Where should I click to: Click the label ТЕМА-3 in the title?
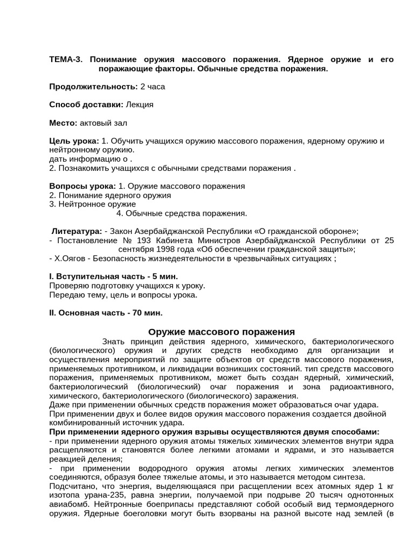point(66,59)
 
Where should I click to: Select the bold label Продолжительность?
point(93,87)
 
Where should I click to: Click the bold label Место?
point(63,123)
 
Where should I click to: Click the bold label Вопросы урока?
point(82,186)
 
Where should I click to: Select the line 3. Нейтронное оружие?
point(92,204)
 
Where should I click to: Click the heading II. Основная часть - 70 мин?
point(106,313)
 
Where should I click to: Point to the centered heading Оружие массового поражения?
point(222,332)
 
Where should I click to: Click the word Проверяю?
point(70,286)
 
